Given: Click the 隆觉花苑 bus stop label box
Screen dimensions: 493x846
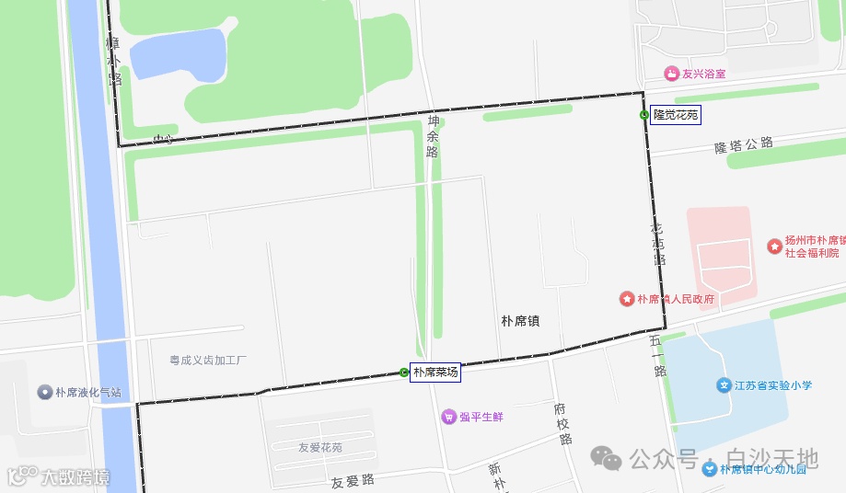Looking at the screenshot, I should tap(676, 115).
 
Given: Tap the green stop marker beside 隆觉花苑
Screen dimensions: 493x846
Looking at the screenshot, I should tap(643, 115).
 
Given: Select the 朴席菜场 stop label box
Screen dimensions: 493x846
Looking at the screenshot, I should tap(435, 373).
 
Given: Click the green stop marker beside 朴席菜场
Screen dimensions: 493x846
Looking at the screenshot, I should tap(404, 373).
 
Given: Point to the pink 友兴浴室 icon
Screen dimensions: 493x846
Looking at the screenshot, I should tap(672, 74).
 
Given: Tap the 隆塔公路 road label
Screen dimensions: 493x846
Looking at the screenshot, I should tap(743, 145).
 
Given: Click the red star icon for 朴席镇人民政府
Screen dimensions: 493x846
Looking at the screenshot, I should tap(627, 299).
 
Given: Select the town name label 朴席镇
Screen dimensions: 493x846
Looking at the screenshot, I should tap(520, 321).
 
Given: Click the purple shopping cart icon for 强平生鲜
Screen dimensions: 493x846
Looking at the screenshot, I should tap(448, 417).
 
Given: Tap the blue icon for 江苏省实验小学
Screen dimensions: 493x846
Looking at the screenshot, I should tap(724, 385).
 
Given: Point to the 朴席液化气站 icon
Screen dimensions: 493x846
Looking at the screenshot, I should tap(44, 393).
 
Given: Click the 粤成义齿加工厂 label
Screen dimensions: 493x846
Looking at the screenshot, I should tap(209, 360).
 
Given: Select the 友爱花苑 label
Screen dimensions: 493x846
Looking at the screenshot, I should tap(320, 448).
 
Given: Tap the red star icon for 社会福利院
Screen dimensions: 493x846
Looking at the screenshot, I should tap(774, 246).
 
